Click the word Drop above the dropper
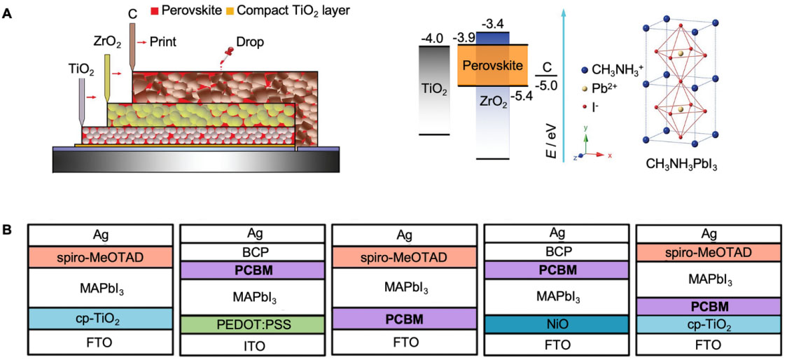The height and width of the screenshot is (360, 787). [x=250, y=43]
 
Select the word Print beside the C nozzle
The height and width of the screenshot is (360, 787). [x=162, y=41]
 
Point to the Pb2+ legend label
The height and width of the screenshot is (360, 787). [x=609, y=90]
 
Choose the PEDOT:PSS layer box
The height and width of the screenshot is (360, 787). [x=251, y=324]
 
